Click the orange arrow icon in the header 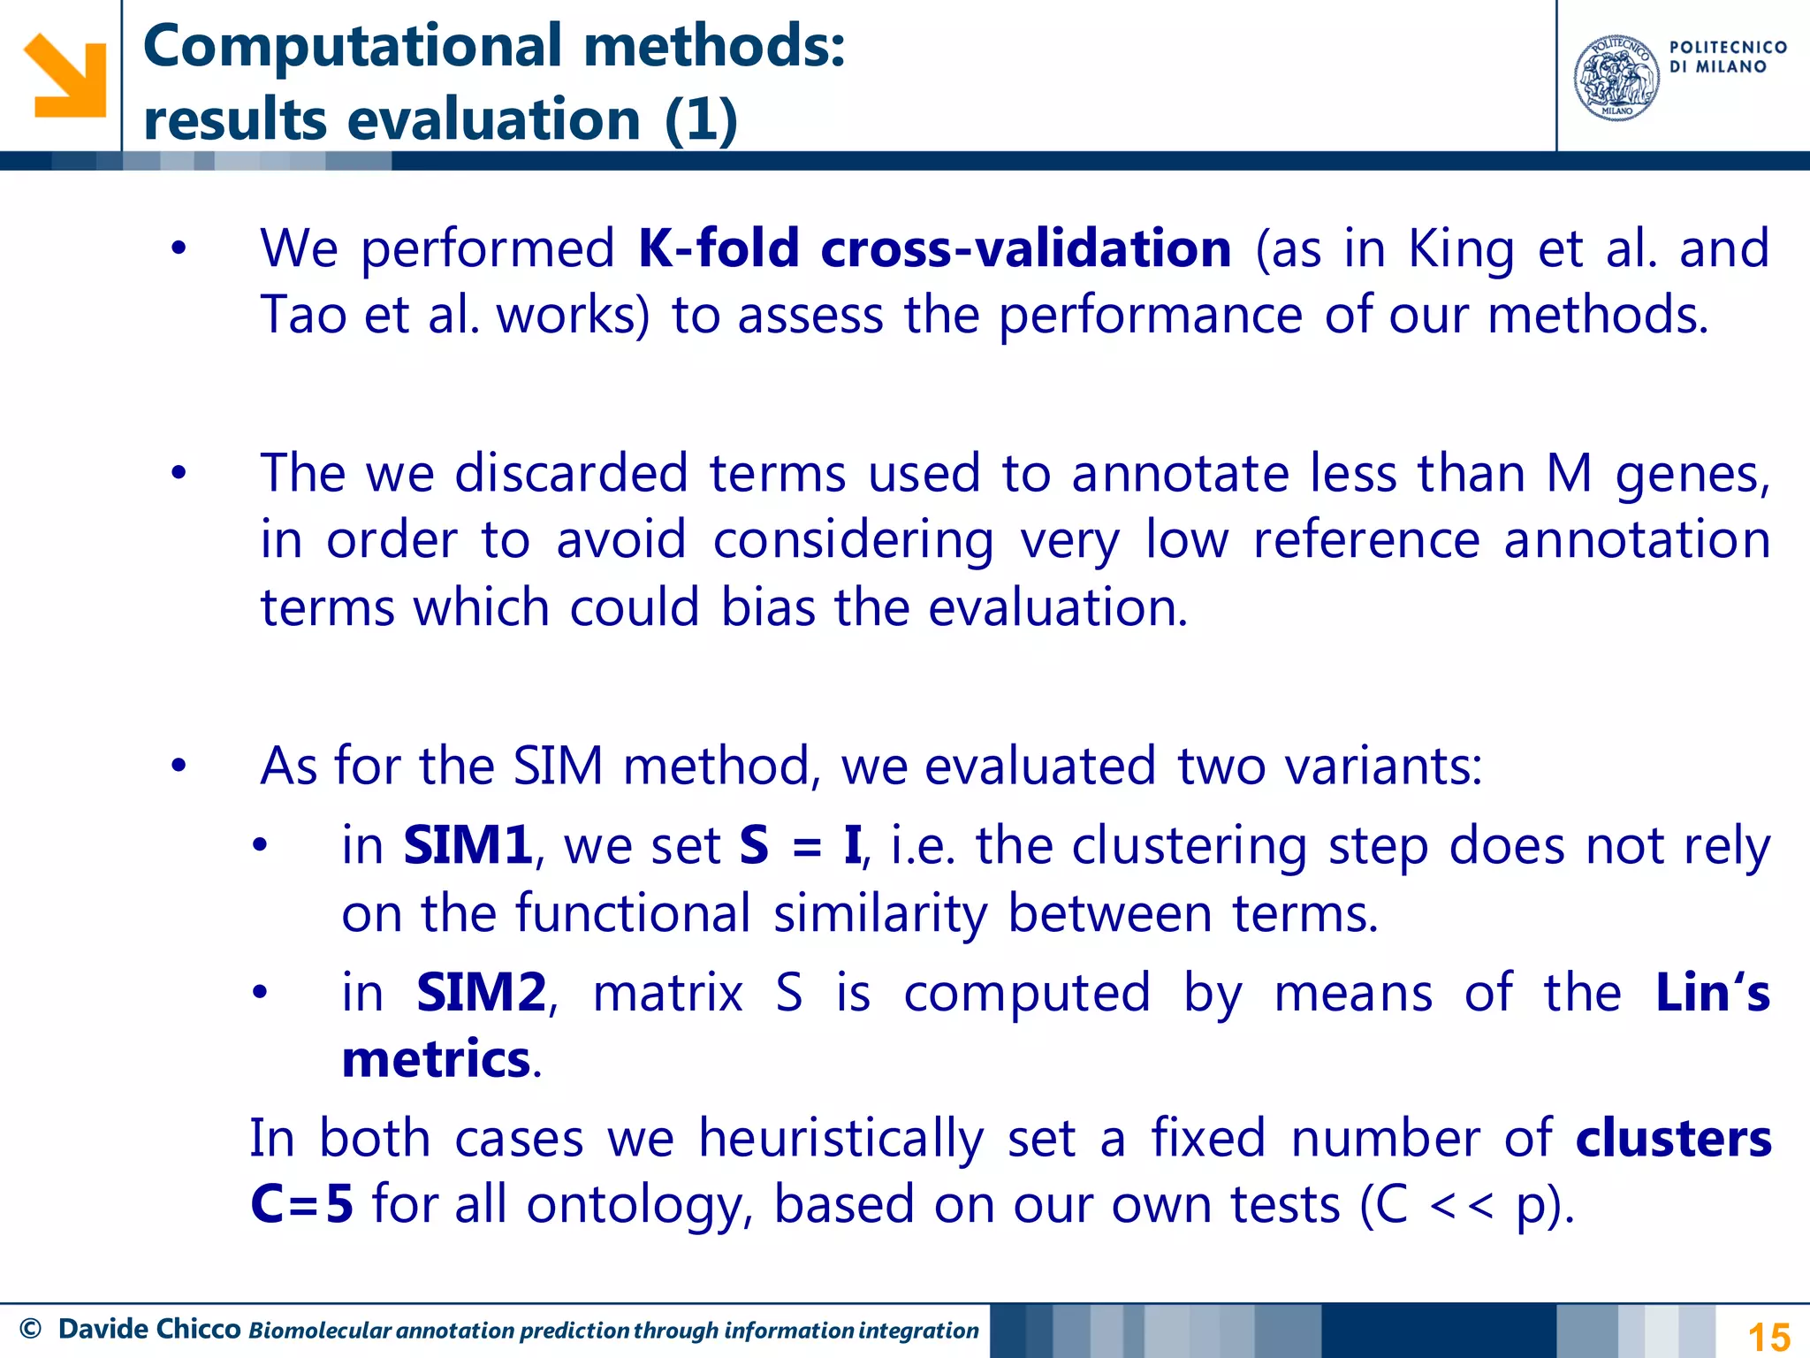(x=65, y=75)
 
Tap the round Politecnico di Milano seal (x=1616, y=78)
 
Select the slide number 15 (x=1768, y=1336)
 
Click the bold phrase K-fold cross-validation (x=934, y=248)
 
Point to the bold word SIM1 (x=468, y=845)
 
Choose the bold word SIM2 (x=482, y=993)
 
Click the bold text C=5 (x=301, y=1204)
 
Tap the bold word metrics (x=436, y=1059)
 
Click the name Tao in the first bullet (x=302, y=315)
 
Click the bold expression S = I (x=800, y=845)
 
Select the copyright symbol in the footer (x=30, y=1329)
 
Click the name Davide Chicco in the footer (x=149, y=1329)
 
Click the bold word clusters (x=1673, y=1139)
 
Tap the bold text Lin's (x=1712, y=993)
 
